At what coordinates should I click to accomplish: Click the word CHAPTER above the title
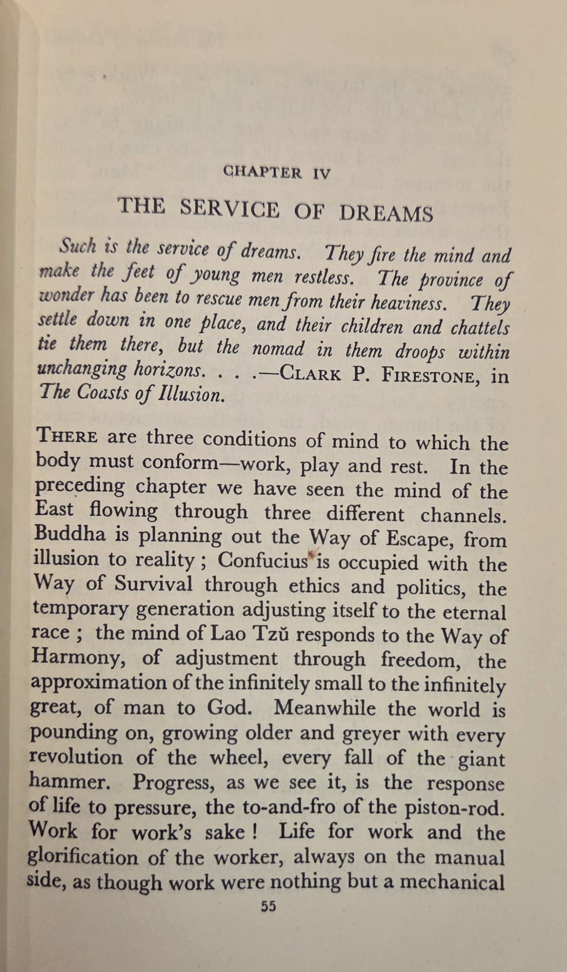(x=262, y=172)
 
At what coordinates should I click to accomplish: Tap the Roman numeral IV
(x=321, y=174)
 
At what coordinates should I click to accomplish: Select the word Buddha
(x=70, y=534)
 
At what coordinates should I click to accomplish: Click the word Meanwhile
(x=324, y=708)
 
